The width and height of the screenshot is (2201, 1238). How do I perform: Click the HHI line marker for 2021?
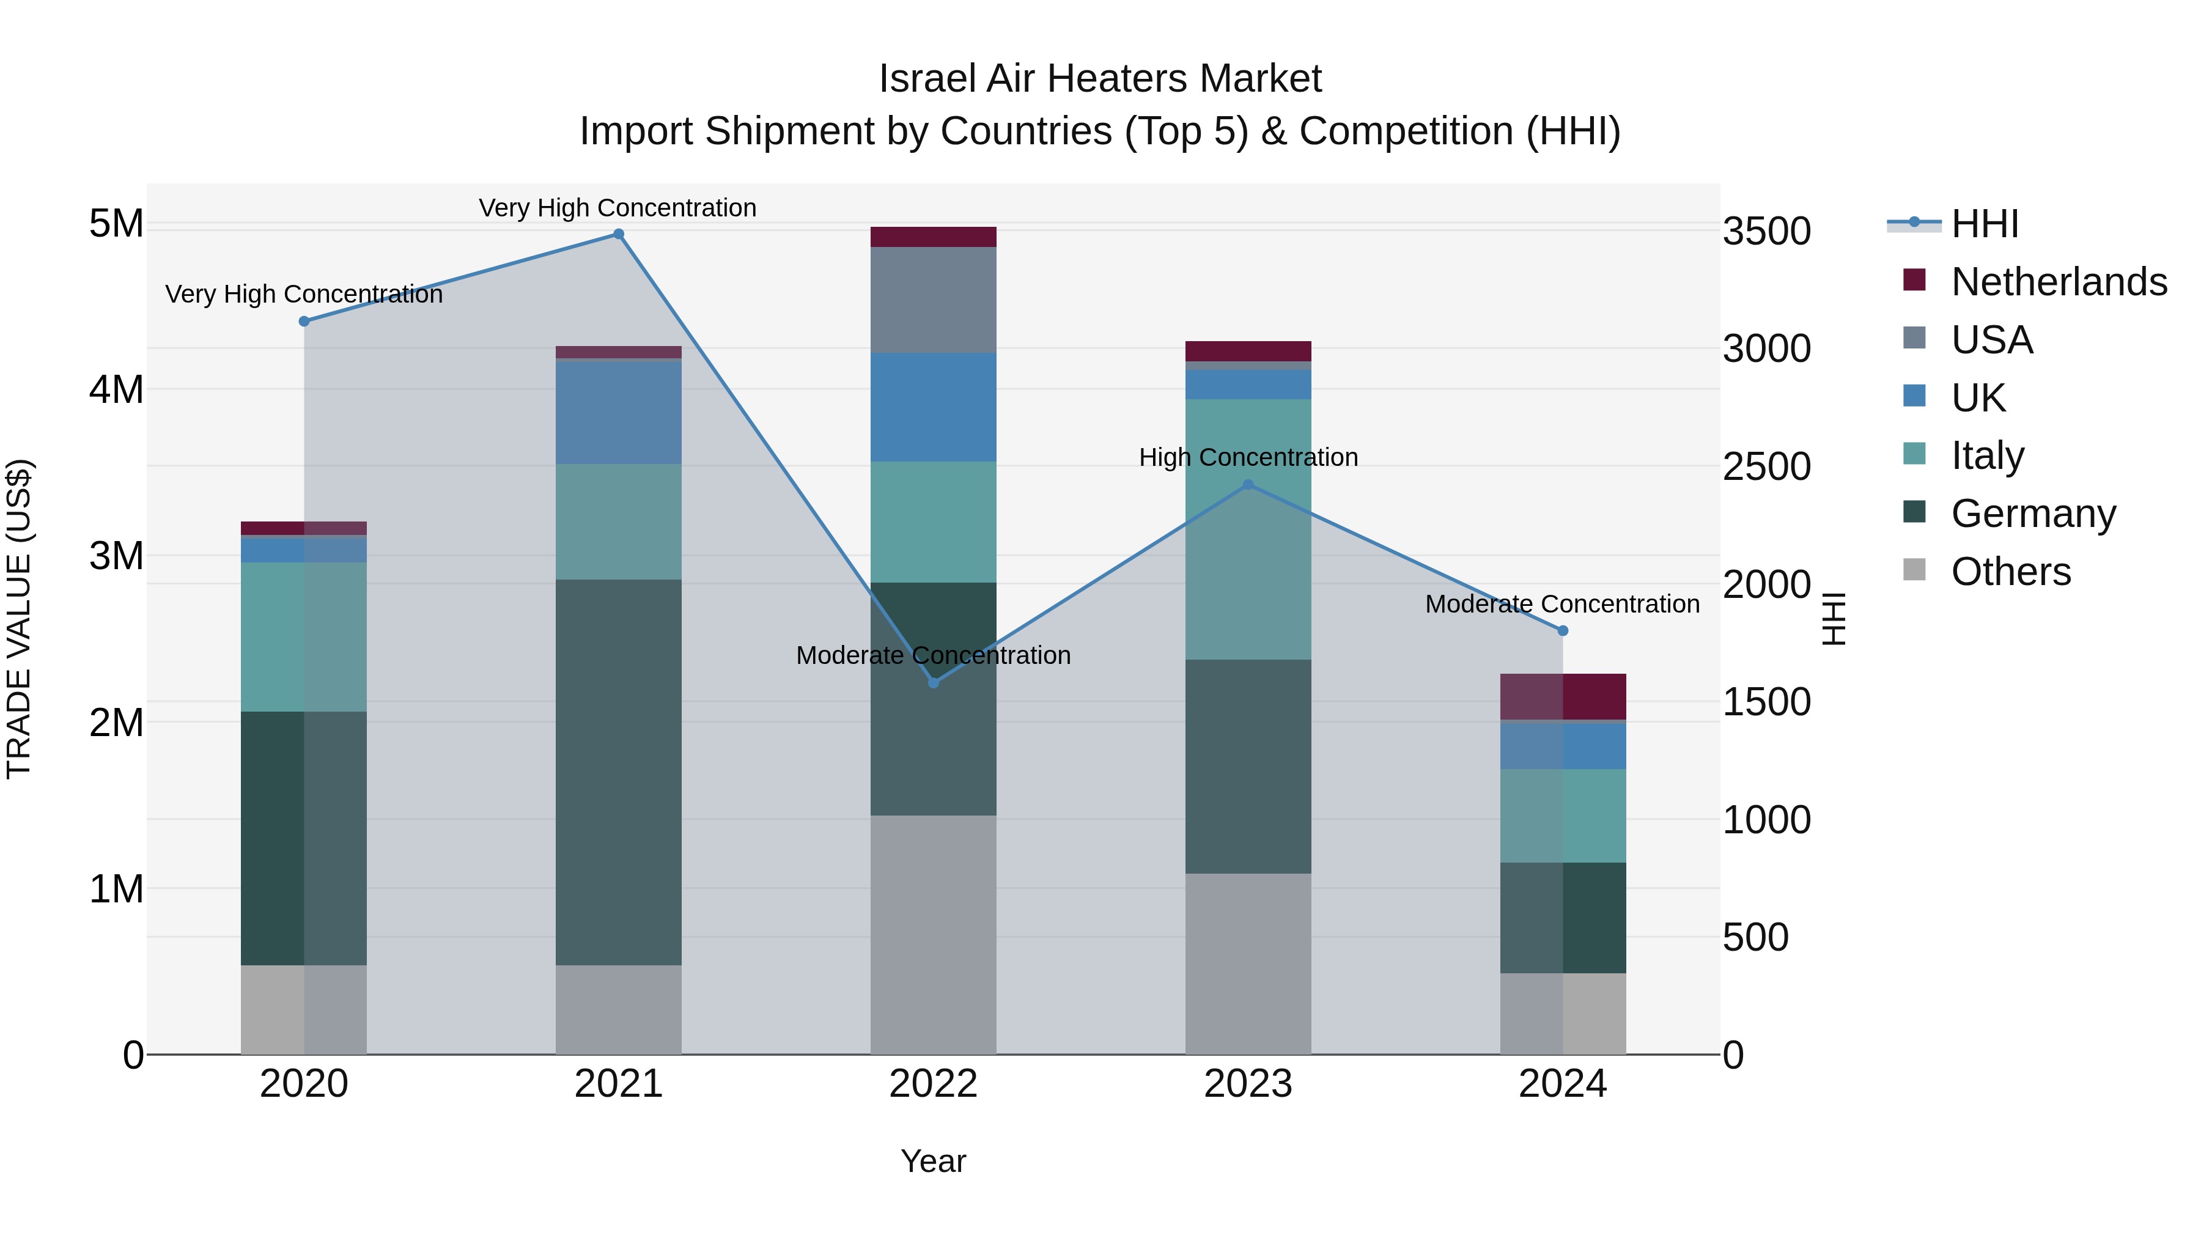pos(619,234)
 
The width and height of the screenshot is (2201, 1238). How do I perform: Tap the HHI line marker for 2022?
pos(933,683)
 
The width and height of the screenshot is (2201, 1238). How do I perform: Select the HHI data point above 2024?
pos(1563,630)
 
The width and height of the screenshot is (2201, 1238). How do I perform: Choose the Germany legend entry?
pos(2033,514)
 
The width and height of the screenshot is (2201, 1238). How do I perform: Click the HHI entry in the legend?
pos(1984,224)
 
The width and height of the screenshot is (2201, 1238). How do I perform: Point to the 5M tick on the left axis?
pos(116,224)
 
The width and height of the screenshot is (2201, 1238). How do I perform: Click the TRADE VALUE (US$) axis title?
pos(19,619)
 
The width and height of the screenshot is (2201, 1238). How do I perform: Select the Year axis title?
pos(933,1161)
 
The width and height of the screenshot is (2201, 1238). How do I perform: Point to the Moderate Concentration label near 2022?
pos(933,655)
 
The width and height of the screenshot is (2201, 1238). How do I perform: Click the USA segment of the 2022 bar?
pos(933,300)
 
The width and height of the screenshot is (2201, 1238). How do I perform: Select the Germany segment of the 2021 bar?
pos(619,772)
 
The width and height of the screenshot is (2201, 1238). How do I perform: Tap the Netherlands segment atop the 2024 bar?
pos(1563,696)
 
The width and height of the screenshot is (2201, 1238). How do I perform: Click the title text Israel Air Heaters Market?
pos(1100,79)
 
